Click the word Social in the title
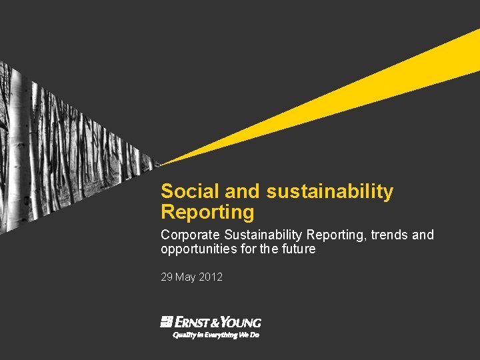pyautogui.click(x=190, y=192)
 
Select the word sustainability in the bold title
pyautogui.click(x=330, y=192)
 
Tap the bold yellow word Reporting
pyautogui.click(x=207, y=213)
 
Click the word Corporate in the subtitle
pyautogui.click(x=191, y=235)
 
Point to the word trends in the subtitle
pyautogui.click(x=391, y=235)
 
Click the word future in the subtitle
pyautogui.click(x=297, y=249)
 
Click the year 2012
pyautogui.click(x=211, y=277)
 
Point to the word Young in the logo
pyautogui.click(x=239, y=322)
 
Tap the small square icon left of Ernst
pyautogui.click(x=167, y=322)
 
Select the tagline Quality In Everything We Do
pyautogui.click(x=216, y=335)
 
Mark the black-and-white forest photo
pyautogui.click(x=60, y=147)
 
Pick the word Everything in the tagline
pyautogui.click(x=220, y=335)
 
